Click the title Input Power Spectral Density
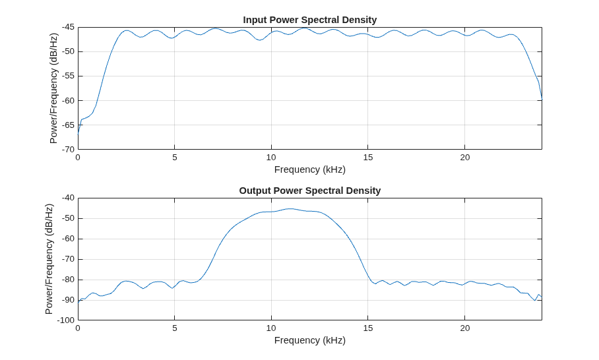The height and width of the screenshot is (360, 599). tap(310, 20)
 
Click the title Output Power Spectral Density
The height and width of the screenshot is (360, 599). tap(310, 191)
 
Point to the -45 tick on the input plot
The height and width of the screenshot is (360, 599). tap(69, 27)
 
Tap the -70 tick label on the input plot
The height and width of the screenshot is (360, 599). tap(69, 149)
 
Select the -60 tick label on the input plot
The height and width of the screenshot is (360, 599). tap(69, 100)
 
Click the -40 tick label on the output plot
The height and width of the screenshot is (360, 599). tap(69, 198)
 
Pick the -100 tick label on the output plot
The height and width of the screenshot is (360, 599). tap(66, 320)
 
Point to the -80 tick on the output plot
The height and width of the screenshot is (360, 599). tap(69, 280)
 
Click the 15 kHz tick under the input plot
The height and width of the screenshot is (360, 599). tap(368, 158)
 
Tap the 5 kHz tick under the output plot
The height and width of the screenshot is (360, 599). tap(175, 328)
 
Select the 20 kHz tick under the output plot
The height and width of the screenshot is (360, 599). tap(464, 328)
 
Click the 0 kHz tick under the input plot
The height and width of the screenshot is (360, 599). tap(78, 158)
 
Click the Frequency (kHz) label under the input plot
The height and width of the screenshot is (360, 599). tap(310, 169)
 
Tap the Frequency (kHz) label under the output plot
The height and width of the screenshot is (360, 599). tap(310, 340)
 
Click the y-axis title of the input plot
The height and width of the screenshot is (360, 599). tap(53, 88)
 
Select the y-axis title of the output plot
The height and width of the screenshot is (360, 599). tap(49, 259)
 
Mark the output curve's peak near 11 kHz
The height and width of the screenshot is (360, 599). tap(290, 209)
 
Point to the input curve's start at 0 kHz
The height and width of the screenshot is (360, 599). tap(78, 135)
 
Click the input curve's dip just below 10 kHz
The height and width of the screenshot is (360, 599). tap(259, 40)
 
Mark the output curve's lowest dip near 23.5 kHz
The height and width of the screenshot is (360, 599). tap(535, 301)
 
